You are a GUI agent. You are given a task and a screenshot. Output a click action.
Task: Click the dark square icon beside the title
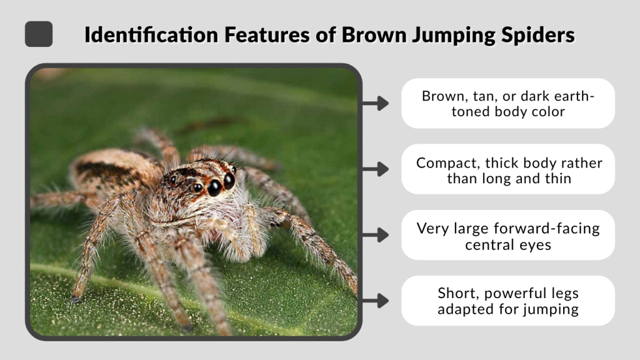pos(39,34)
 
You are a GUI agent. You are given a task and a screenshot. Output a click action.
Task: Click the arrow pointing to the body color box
pos(375,103)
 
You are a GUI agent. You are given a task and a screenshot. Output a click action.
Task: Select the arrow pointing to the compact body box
pos(375,169)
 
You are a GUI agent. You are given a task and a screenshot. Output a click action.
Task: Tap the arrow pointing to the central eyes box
pos(375,235)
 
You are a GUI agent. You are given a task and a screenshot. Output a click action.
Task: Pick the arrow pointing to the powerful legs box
pos(375,301)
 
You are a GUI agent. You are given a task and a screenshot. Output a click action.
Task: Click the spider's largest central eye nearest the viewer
pos(214,187)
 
